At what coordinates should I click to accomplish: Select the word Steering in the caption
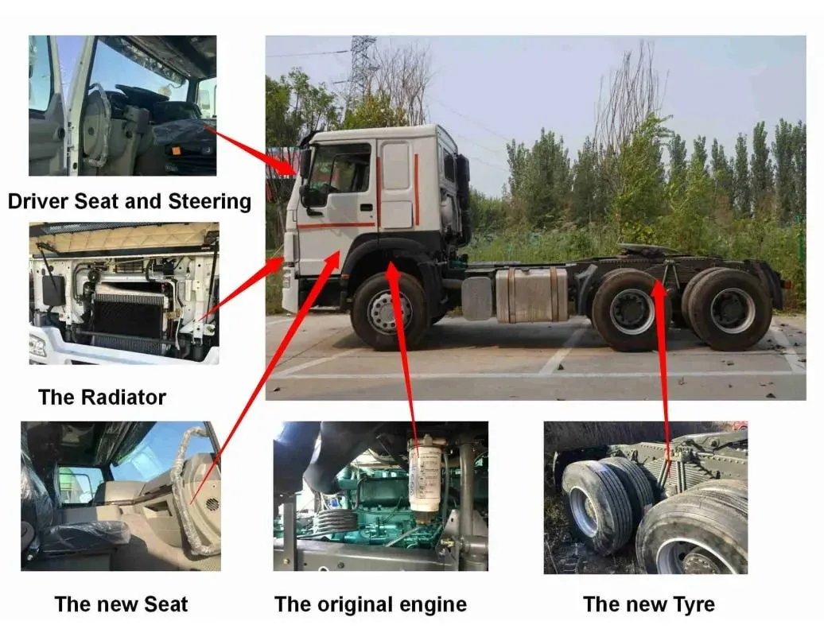[x=209, y=202]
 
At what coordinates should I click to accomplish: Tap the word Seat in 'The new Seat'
[x=165, y=604]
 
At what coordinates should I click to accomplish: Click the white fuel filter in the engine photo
[x=426, y=474]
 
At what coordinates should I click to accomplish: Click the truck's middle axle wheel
[x=632, y=310]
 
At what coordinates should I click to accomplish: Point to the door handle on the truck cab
[x=367, y=207]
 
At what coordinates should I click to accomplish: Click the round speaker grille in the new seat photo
[x=212, y=504]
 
